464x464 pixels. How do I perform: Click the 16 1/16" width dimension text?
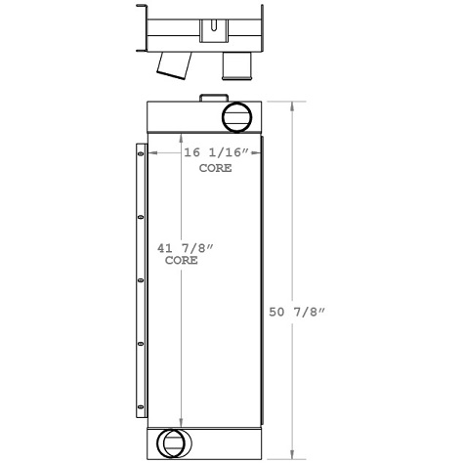[216, 153]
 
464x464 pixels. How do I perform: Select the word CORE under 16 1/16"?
[216, 169]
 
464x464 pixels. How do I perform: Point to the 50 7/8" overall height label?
[296, 313]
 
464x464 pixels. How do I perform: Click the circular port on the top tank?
[236, 117]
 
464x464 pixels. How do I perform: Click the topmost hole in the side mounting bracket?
[140, 153]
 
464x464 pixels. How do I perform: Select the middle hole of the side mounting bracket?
[140, 280]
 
